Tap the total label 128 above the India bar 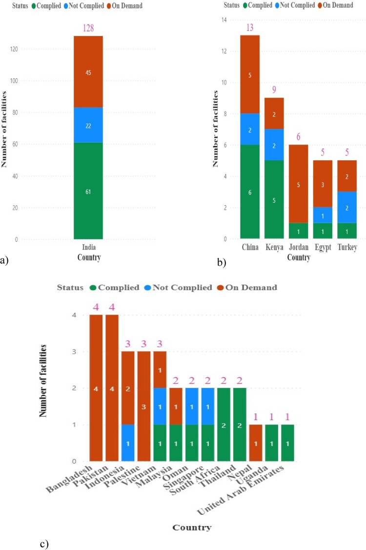pyautogui.click(x=88, y=29)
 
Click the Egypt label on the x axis pyautogui.click(x=323, y=248)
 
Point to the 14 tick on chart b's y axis pyautogui.click(x=225, y=20)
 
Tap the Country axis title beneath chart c pyautogui.click(x=192, y=527)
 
